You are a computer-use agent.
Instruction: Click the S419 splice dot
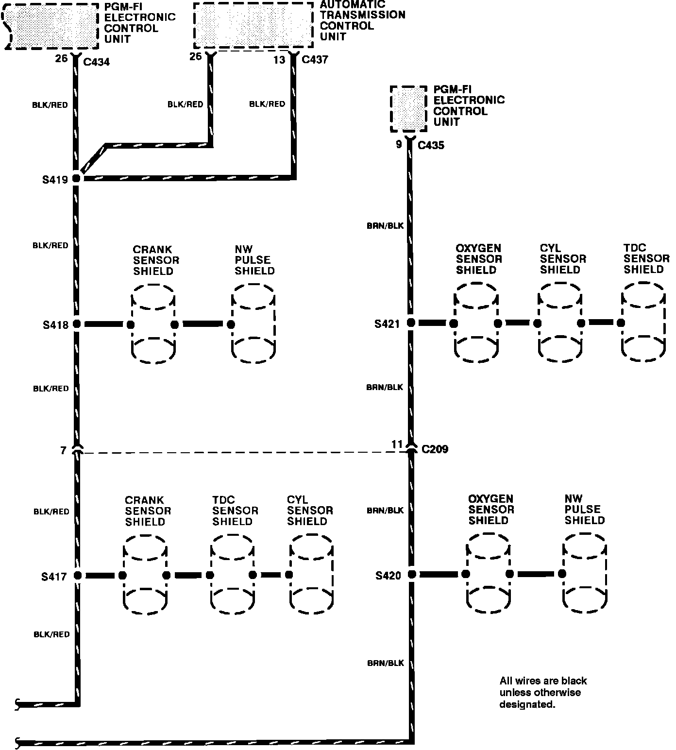[76, 178]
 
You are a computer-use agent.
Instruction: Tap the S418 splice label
[55, 325]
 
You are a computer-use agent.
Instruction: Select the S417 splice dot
[77, 576]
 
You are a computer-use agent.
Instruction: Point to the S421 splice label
[387, 324]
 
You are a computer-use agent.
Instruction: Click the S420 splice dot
[412, 575]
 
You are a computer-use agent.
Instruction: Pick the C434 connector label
[97, 62]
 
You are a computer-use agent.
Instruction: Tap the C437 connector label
[315, 60]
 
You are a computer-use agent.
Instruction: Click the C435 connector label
[431, 145]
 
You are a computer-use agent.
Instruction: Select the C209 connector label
[435, 449]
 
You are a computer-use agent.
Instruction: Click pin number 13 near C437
[279, 60]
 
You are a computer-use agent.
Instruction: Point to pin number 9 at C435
[399, 144]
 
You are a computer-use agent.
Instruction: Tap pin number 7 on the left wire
[63, 451]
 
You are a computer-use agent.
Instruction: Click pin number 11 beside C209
[397, 444]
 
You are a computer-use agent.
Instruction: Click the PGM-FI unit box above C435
[409, 109]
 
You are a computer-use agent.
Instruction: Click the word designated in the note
[527, 704]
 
